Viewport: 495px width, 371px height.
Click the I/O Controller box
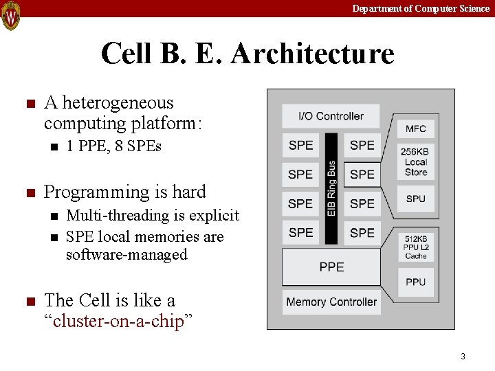pyautogui.click(x=331, y=116)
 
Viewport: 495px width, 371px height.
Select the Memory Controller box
pyautogui.click(x=331, y=302)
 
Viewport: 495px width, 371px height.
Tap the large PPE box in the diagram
pyautogui.click(x=331, y=267)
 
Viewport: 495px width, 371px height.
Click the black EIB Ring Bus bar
pyautogui.click(x=331, y=188)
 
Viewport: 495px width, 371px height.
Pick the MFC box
pyautogui.click(x=415, y=128)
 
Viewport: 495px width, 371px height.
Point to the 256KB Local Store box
pyautogui.click(x=415, y=162)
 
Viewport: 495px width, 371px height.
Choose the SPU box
pyautogui.click(x=415, y=199)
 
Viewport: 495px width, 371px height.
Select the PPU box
pyautogui.click(x=415, y=282)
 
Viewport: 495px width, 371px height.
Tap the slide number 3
pyautogui.click(x=463, y=356)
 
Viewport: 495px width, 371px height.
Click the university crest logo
pyautogui.click(x=11, y=15)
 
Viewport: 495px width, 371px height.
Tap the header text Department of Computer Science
pyautogui.click(x=421, y=8)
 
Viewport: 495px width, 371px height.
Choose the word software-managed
pyautogui.click(x=126, y=255)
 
